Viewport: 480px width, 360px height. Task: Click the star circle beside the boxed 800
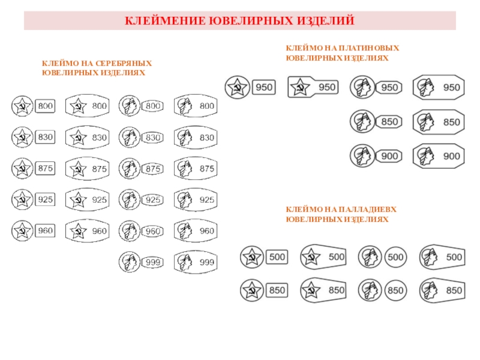click(22, 107)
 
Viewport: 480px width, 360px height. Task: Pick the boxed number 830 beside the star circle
click(46, 137)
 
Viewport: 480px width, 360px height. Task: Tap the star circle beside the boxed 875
click(22, 169)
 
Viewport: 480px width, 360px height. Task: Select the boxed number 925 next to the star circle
click(46, 199)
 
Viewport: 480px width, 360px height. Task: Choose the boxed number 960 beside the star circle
click(46, 230)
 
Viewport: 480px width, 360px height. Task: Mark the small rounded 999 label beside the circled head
click(154, 262)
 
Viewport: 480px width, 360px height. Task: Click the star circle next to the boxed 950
click(236, 88)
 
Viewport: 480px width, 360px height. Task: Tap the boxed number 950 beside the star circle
click(264, 88)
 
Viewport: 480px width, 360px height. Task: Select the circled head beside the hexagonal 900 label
click(361, 156)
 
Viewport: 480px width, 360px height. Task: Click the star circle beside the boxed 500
click(251, 257)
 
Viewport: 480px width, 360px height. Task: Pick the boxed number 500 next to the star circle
click(277, 257)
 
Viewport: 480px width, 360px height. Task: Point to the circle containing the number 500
click(395, 257)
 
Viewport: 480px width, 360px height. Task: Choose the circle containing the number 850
click(395, 290)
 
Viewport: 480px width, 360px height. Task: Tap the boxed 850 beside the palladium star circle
click(277, 290)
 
